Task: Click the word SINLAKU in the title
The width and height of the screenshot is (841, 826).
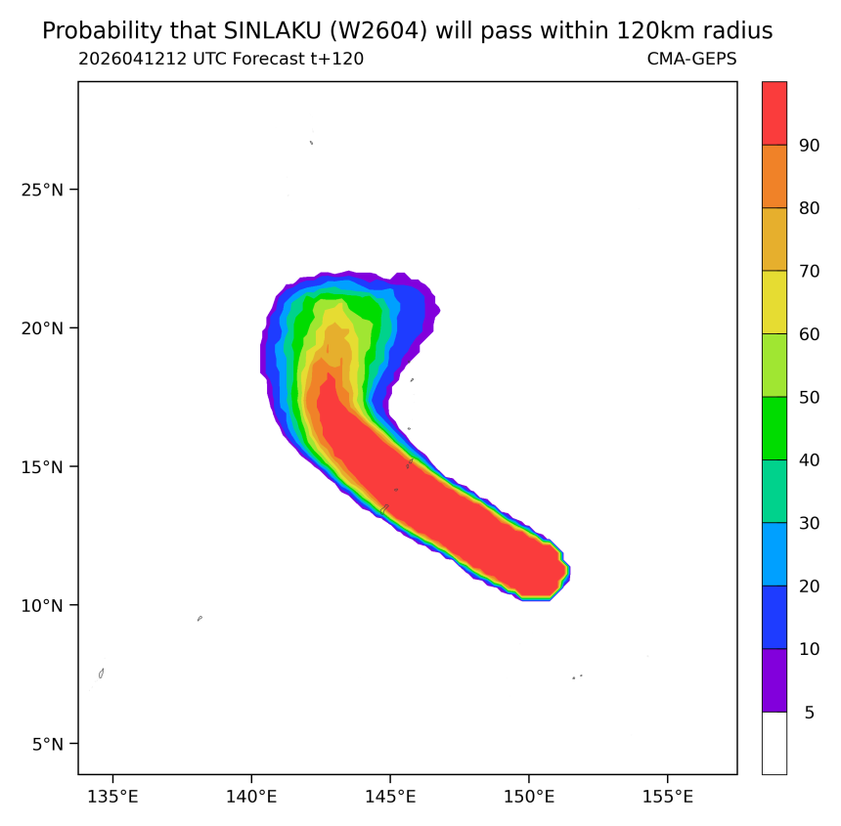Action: click(x=272, y=31)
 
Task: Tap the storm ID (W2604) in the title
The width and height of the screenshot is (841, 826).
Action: click(x=378, y=31)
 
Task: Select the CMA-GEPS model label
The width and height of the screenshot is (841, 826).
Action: click(x=692, y=59)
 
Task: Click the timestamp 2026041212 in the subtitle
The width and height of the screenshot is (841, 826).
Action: click(x=133, y=59)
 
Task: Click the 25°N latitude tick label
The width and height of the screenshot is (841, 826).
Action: click(x=42, y=190)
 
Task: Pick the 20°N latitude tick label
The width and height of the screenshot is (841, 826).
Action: click(x=42, y=328)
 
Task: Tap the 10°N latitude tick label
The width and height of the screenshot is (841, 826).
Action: click(x=42, y=606)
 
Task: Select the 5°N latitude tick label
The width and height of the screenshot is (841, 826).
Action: click(x=48, y=744)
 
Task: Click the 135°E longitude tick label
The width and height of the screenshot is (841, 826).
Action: click(x=112, y=797)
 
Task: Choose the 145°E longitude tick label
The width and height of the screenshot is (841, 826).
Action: click(x=390, y=797)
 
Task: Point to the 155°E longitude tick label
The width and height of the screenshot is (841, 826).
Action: click(x=668, y=797)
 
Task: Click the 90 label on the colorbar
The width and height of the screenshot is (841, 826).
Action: click(x=810, y=146)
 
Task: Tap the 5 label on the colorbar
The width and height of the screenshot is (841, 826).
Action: click(x=810, y=713)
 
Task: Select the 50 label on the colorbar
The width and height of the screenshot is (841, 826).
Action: click(x=810, y=397)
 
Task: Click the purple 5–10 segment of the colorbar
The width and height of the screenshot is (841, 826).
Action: click(x=775, y=680)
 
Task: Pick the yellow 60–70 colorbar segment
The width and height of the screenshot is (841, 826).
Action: click(x=775, y=302)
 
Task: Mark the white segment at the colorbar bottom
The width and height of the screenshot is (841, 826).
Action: click(x=775, y=743)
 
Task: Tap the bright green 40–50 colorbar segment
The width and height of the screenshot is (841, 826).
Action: click(x=775, y=428)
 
